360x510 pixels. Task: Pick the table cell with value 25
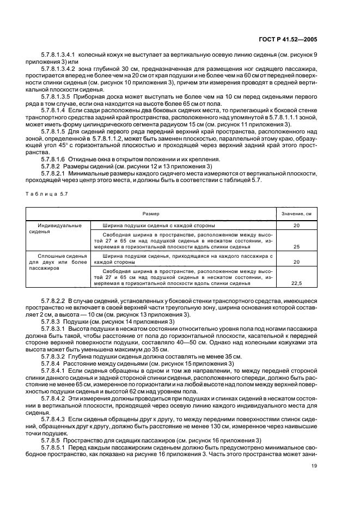pos(297,246)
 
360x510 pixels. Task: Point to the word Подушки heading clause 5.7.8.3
pos(76,322)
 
